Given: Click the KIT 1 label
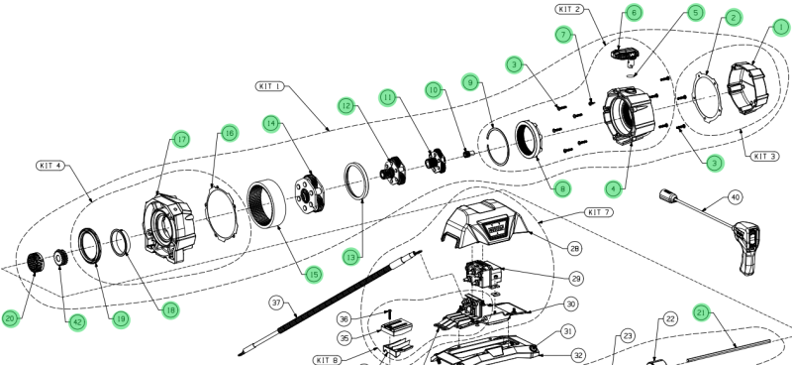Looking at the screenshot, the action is pos(269,86).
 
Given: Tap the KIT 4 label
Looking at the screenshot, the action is pos(51,166).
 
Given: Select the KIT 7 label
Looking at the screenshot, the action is pos(599,212).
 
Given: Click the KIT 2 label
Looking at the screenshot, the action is pos(570,9).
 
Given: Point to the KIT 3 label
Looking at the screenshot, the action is pos(764,156).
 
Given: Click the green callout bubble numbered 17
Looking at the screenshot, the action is pos(181,139).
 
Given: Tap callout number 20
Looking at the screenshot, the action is pos(11,318).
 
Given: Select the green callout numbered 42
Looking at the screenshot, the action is pos(77,322).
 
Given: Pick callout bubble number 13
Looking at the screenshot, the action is pos(351,257).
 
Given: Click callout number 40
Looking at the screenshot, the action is pos(735,197).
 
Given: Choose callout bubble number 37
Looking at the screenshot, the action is pos(277,304).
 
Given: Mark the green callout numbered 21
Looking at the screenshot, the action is pos(701,313).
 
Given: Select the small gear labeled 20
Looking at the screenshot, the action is pos(36,262).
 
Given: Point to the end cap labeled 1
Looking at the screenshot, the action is pos(746,88).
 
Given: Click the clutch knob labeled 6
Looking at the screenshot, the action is pos(624,55).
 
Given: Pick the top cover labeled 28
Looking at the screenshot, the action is pos(484,223).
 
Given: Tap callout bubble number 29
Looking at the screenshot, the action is pos(577,278).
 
